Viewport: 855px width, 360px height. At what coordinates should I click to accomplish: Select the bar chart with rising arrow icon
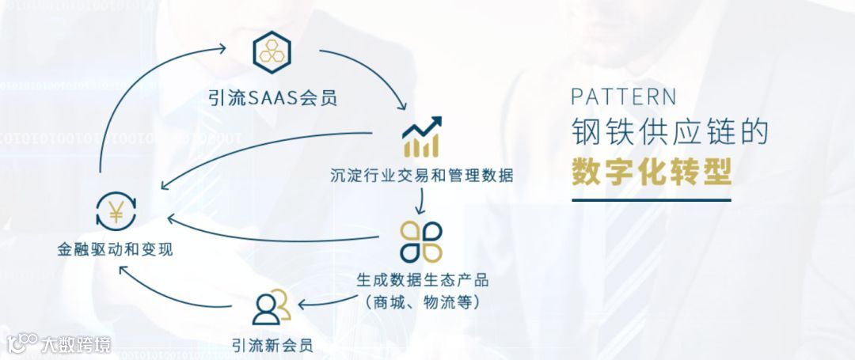click(x=421, y=137)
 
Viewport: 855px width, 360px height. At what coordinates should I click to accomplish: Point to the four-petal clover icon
click(x=421, y=241)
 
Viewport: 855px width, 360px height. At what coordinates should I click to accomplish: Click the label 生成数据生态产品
click(x=422, y=280)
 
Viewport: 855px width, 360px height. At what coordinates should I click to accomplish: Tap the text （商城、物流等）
click(x=422, y=301)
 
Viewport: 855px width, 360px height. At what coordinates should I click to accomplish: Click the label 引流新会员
click(x=272, y=345)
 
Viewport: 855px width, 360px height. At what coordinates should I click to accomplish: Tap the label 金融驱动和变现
click(x=116, y=250)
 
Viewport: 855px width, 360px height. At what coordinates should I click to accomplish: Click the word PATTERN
click(x=624, y=97)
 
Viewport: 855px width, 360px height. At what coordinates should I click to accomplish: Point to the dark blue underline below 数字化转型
click(x=651, y=199)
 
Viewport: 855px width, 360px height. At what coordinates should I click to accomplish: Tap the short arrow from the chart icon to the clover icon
click(x=421, y=203)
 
